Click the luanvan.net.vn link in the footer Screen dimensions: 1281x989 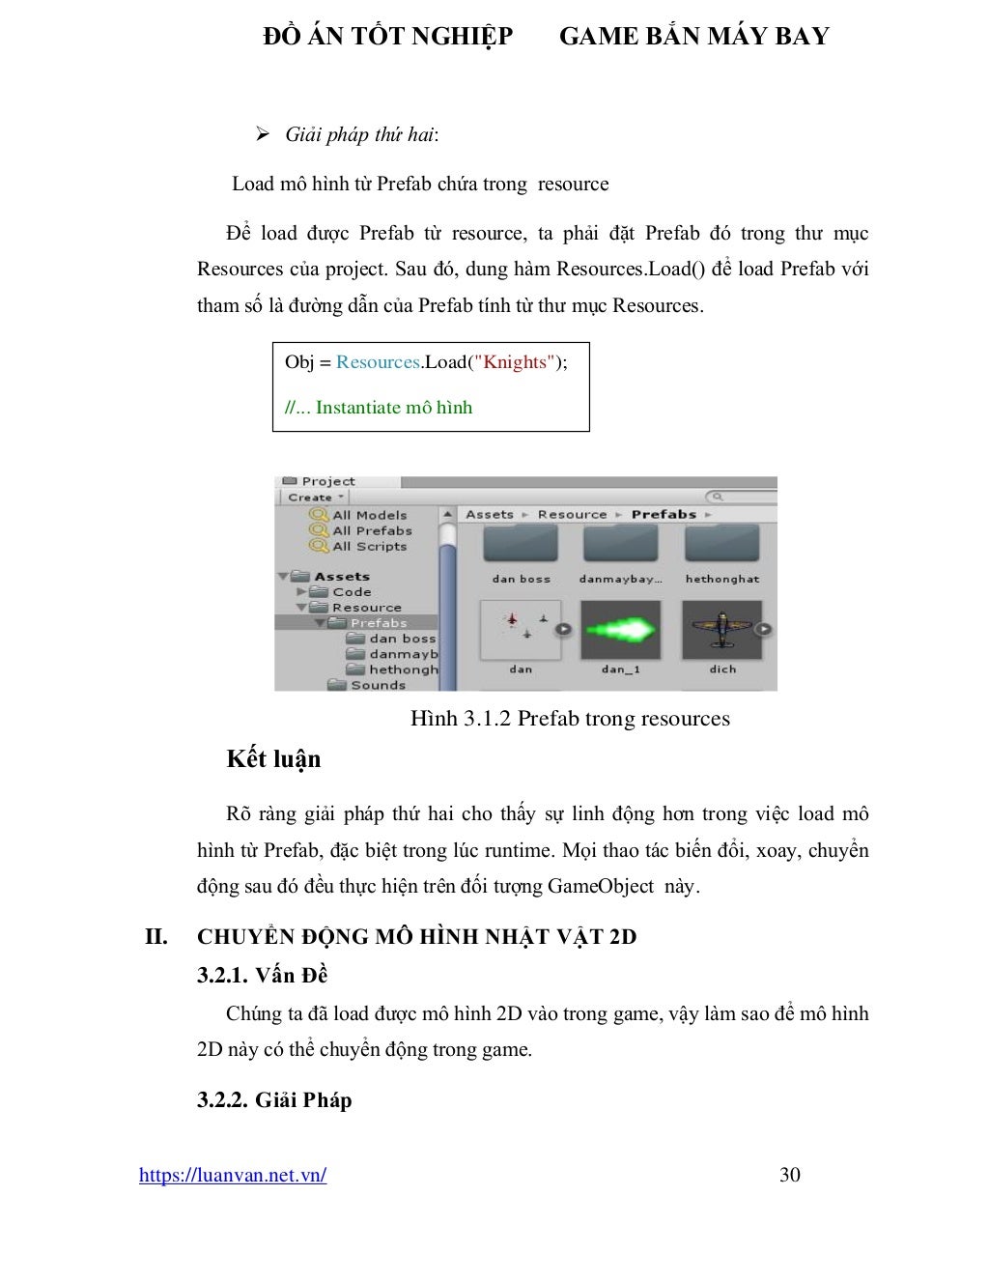click(232, 1175)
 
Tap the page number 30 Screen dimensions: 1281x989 click(789, 1175)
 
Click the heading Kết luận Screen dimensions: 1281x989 click(273, 759)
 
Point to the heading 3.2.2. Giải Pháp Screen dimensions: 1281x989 click(274, 1100)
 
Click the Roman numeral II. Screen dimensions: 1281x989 click(155, 936)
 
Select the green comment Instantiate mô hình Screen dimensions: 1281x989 click(393, 408)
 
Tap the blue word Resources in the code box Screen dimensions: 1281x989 click(379, 362)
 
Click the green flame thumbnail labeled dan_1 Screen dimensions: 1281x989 click(620, 630)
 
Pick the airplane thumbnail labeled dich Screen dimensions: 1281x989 click(721, 630)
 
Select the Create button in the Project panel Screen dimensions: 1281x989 click(315, 498)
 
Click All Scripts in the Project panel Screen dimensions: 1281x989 click(369, 547)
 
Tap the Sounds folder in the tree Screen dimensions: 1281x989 click(377, 685)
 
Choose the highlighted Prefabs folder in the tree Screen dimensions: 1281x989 click(378, 623)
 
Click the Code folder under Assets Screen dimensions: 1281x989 click(351, 592)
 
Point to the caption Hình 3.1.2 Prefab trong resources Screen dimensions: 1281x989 click(570, 719)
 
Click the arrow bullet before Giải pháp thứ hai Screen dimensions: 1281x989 click(262, 134)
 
